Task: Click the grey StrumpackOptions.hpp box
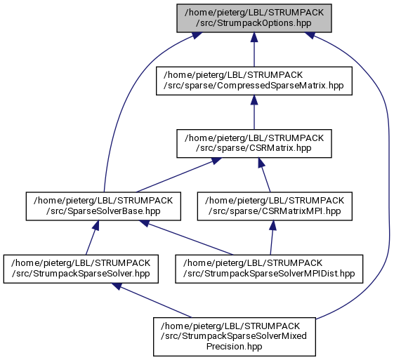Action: [254, 18]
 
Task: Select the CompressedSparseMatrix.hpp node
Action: [254, 81]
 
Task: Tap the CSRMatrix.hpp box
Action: [254, 144]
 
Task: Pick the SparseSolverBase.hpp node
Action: [103, 206]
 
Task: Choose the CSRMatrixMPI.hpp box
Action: [275, 206]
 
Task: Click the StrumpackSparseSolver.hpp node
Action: [81, 269]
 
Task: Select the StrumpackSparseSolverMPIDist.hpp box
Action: [269, 269]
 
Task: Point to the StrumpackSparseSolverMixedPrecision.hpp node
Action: [235, 337]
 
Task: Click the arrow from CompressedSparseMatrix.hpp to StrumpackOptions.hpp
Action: [254, 49]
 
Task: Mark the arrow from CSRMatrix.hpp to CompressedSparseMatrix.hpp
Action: [254, 112]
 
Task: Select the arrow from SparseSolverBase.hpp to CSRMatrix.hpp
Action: [179, 175]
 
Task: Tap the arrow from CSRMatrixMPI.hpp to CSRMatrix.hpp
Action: [264, 175]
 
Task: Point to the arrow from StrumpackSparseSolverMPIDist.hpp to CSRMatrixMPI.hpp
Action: [272, 238]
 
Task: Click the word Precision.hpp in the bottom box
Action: [234, 347]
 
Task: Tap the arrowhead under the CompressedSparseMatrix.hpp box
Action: [254, 100]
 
